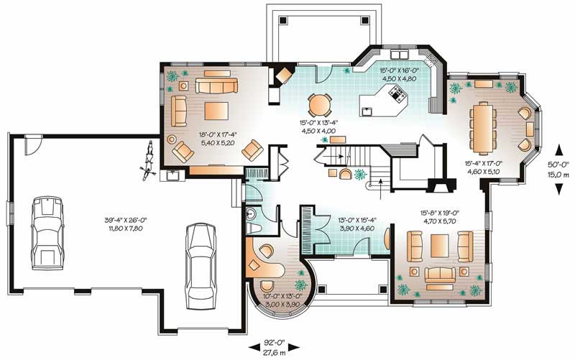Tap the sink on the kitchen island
[367, 111]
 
